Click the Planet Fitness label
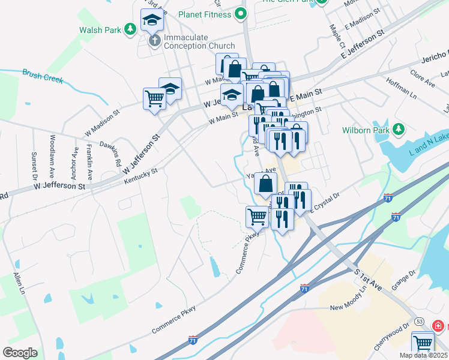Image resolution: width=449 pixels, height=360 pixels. (205, 14)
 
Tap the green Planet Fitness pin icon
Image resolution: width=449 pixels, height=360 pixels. (241, 13)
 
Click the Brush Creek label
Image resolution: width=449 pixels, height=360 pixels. (43, 76)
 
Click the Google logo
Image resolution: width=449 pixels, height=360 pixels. (20, 352)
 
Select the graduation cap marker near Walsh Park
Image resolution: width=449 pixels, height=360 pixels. (152, 21)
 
